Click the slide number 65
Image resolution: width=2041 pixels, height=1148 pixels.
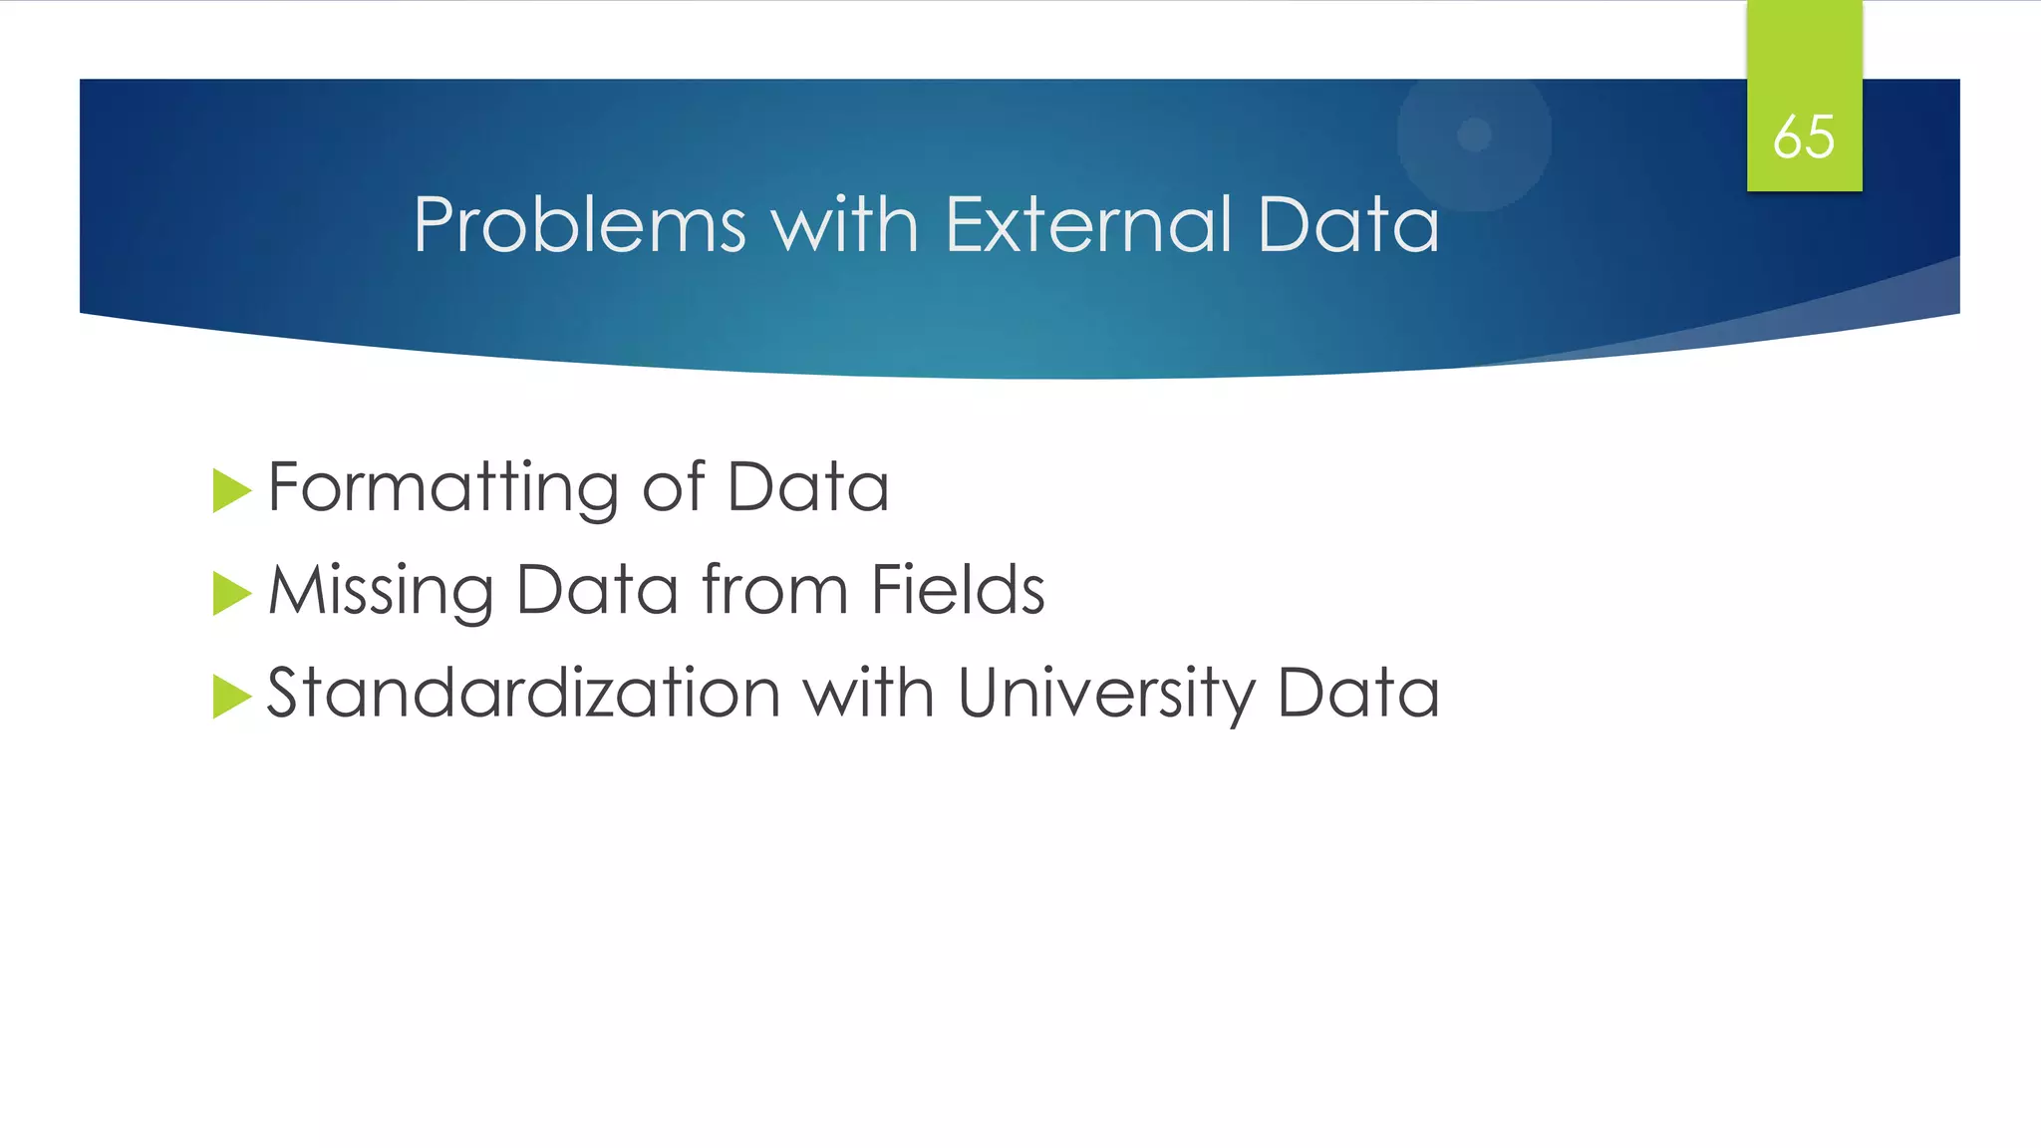click(x=1804, y=137)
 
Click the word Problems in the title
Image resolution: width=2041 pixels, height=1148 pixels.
click(x=579, y=225)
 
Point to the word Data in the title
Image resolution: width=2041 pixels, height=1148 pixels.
click(x=1347, y=225)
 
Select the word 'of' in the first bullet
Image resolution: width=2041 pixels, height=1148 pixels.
click(x=674, y=488)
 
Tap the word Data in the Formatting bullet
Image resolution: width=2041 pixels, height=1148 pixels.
click(x=807, y=488)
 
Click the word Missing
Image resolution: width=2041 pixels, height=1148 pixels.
click(x=381, y=591)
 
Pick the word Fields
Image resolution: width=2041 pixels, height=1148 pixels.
click(x=958, y=589)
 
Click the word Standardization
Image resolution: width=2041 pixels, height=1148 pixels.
click(x=523, y=693)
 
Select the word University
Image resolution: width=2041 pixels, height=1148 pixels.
click(x=1106, y=693)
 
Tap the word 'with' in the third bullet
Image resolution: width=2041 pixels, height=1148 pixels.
click(x=869, y=693)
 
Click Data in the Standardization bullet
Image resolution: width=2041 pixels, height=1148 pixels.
click(x=1357, y=693)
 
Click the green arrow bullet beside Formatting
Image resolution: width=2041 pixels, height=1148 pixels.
click(x=231, y=491)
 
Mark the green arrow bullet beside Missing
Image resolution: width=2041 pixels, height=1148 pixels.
click(x=231, y=594)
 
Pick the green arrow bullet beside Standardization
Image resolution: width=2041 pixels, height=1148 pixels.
click(x=231, y=697)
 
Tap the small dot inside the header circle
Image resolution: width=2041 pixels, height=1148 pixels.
click(x=1474, y=135)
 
